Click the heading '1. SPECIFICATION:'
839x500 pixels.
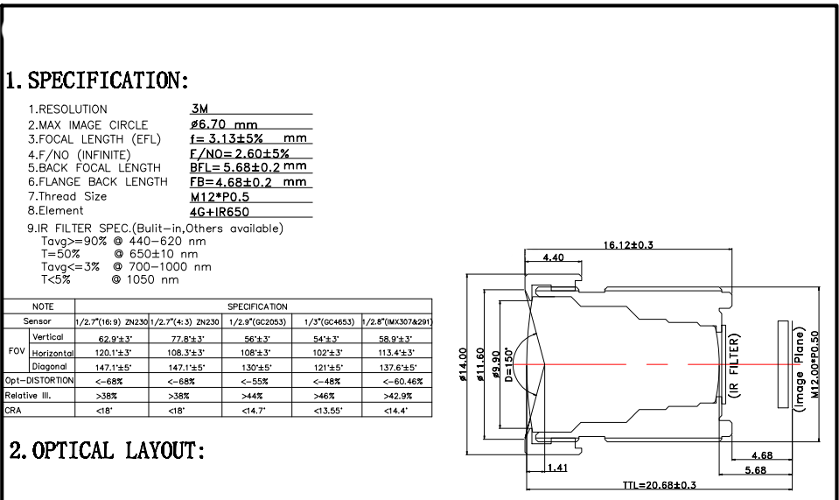(x=97, y=81)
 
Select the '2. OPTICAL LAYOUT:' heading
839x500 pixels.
(x=107, y=451)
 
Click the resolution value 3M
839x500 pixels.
(x=199, y=109)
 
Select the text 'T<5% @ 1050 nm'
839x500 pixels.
(x=109, y=280)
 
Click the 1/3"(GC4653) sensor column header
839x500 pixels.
(x=325, y=322)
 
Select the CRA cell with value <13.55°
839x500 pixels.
(x=325, y=410)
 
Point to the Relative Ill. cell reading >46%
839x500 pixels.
(x=325, y=396)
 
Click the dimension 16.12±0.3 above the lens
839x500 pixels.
(x=628, y=245)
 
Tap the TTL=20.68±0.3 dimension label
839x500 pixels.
(x=659, y=484)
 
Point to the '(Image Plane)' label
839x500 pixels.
(x=798, y=368)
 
